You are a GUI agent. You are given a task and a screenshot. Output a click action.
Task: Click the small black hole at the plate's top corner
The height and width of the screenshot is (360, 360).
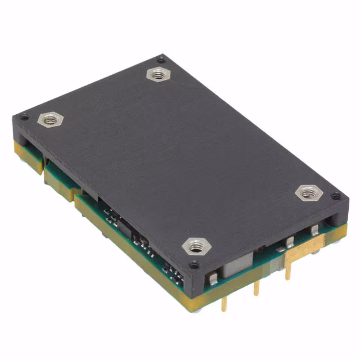click(161, 58)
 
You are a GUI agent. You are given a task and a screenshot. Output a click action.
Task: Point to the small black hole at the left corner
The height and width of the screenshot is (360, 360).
click(24, 117)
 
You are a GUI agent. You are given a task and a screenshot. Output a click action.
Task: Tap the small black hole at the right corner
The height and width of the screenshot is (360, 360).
click(336, 196)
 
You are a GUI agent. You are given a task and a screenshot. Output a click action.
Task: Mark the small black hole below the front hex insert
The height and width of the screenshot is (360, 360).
click(194, 264)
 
